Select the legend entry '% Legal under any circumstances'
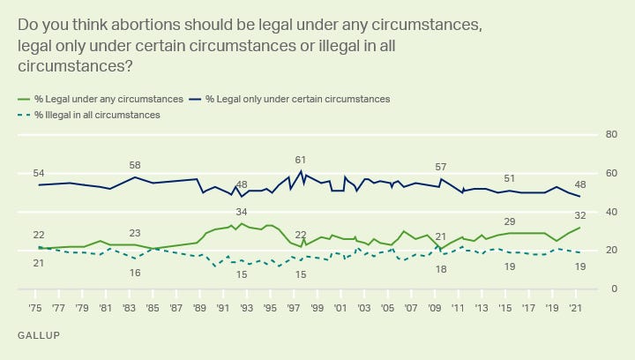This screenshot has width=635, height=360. pyautogui.click(x=107, y=99)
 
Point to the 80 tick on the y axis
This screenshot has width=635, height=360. pyautogui.click(x=610, y=134)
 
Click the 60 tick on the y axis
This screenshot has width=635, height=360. pyautogui.click(x=610, y=173)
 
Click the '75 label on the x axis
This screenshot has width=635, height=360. pyautogui.click(x=35, y=309)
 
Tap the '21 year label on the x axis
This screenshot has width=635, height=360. pyautogui.click(x=575, y=309)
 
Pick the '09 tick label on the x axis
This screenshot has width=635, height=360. pyautogui.click(x=434, y=309)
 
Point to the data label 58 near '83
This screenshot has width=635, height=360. pyautogui.click(x=135, y=165)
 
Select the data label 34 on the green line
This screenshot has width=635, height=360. pyautogui.click(x=242, y=213)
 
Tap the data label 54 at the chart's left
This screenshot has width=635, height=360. pyautogui.click(x=39, y=172)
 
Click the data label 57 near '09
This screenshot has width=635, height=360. pyautogui.click(x=441, y=167)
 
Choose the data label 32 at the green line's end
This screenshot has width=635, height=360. pyautogui.click(x=580, y=216)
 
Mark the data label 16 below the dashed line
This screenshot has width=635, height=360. pyautogui.click(x=135, y=273)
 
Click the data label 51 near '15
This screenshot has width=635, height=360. pyautogui.click(x=510, y=178)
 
